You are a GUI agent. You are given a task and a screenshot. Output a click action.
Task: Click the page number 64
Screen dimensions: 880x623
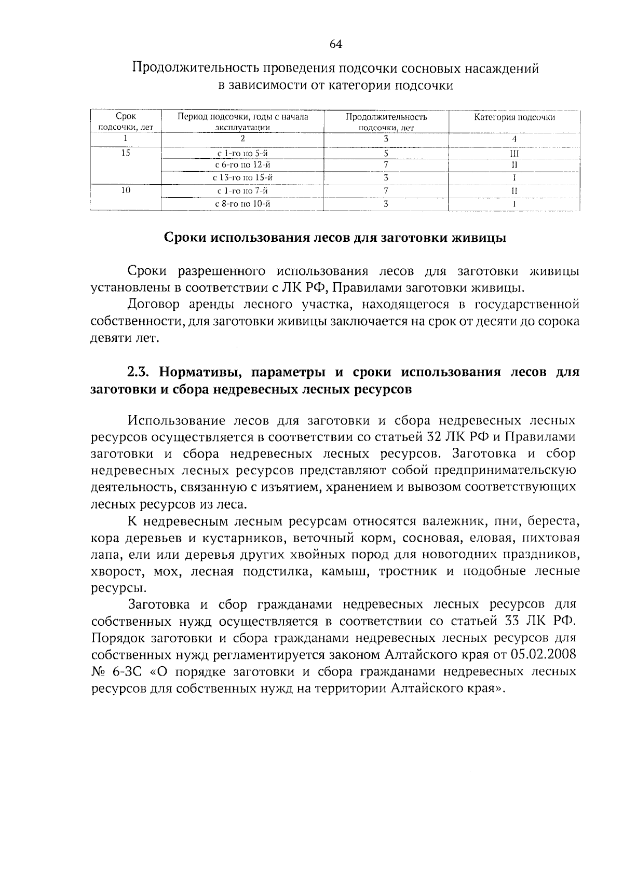pyautogui.click(x=335, y=44)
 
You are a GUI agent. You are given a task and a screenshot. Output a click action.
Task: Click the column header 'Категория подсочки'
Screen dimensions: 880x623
pyautogui.click(x=514, y=117)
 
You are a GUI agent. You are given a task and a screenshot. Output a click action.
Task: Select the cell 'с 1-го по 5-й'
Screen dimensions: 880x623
pyautogui.click(x=242, y=154)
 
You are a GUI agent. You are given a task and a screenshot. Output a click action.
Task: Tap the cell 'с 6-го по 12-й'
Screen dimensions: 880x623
pyautogui.click(x=242, y=165)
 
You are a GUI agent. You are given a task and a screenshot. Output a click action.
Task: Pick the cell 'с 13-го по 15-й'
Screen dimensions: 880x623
pyautogui.click(x=242, y=178)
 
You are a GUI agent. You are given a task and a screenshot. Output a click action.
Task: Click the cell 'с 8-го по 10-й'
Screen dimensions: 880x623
pyautogui.click(x=242, y=204)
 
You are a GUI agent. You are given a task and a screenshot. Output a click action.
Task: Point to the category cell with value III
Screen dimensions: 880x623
pyautogui.click(x=514, y=154)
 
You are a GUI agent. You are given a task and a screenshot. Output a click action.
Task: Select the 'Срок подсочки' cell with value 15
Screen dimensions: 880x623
pyautogui.click(x=126, y=153)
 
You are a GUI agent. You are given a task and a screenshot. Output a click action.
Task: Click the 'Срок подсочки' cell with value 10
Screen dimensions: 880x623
pyautogui.click(x=126, y=190)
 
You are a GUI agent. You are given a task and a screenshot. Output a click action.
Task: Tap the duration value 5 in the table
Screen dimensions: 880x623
pyautogui.click(x=386, y=154)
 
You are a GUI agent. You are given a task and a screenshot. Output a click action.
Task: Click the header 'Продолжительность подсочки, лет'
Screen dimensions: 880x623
pyautogui.click(x=386, y=121)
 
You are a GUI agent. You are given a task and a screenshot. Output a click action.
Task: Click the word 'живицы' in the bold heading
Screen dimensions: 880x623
pyautogui.click(x=479, y=238)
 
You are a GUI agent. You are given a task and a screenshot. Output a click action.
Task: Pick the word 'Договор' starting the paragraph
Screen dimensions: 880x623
pyautogui.click(x=152, y=305)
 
